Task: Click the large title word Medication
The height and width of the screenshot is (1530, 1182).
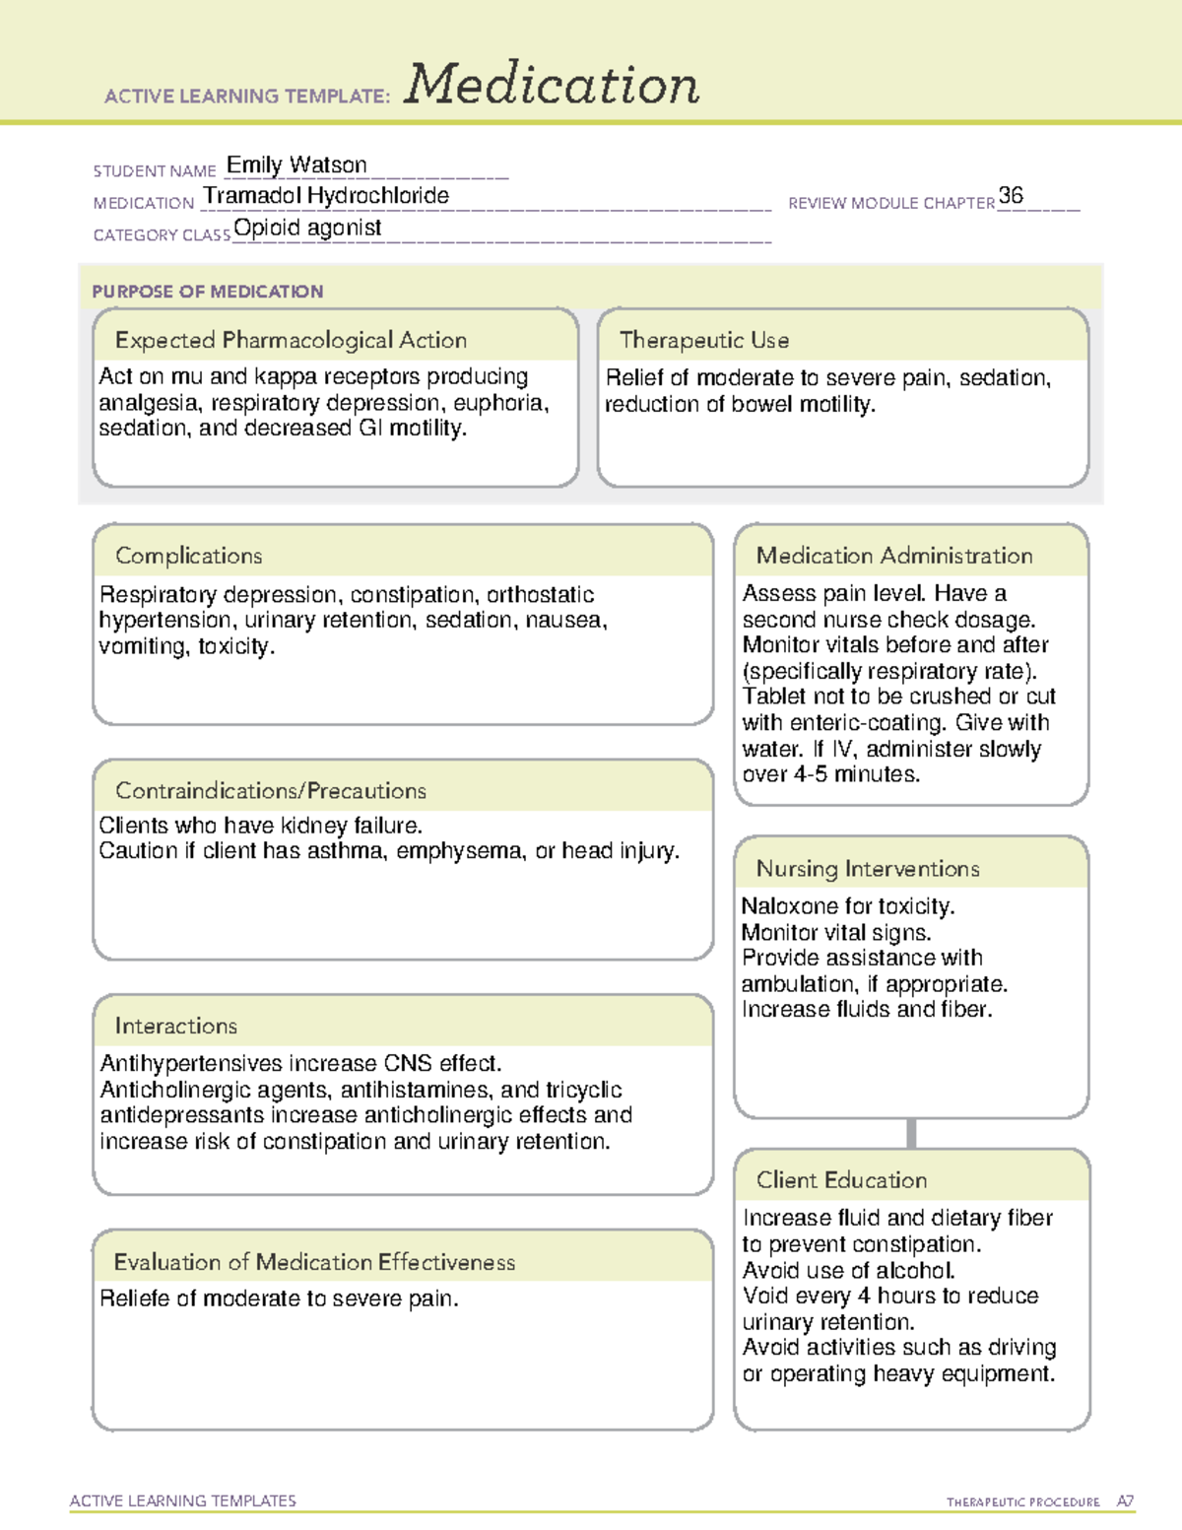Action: pyautogui.click(x=552, y=85)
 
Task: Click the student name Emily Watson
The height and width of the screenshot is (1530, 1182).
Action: pyautogui.click(x=296, y=165)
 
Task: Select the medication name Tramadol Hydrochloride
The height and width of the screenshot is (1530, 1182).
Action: pyautogui.click(x=326, y=196)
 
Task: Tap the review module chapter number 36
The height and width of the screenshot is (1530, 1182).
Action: pyautogui.click(x=1011, y=195)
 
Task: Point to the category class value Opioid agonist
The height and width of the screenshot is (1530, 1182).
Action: pyautogui.click(x=307, y=228)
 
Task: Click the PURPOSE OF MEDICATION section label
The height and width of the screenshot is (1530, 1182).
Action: pyautogui.click(x=208, y=292)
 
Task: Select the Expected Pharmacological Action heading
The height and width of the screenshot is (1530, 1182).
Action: pyautogui.click(x=291, y=340)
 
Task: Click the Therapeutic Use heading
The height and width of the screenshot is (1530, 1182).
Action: pyautogui.click(x=704, y=340)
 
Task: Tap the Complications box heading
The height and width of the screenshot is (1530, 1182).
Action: pyautogui.click(x=189, y=556)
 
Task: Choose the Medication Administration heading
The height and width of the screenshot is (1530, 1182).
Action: pyautogui.click(x=894, y=556)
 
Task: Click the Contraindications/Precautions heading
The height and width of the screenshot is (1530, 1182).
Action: pyautogui.click(x=271, y=790)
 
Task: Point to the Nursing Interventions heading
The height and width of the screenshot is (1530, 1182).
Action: pyautogui.click(x=868, y=868)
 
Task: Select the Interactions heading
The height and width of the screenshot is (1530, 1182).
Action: pyautogui.click(x=176, y=1026)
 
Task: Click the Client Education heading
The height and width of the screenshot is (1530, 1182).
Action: pyautogui.click(x=842, y=1179)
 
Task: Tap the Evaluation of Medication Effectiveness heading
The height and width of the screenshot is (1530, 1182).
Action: pyautogui.click(x=314, y=1262)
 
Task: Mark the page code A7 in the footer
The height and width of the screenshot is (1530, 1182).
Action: pyautogui.click(x=1125, y=1501)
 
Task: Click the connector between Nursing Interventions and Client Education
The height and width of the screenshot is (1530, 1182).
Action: pyautogui.click(x=911, y=1133)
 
